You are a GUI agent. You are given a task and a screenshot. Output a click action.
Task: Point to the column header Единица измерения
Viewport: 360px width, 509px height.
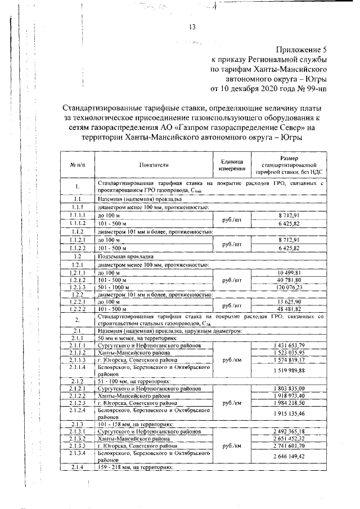click(x=231, y=164)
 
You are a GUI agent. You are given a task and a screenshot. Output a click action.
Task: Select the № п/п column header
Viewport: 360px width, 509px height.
click(x=78, y=164)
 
